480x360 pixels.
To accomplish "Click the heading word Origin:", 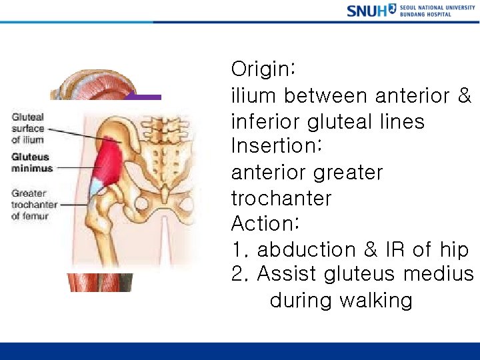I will tap(263, 70).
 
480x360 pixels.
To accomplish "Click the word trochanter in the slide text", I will tap(281, 198).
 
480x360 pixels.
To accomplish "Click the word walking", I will tap(375, 300).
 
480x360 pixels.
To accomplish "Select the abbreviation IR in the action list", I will tap(393, 250).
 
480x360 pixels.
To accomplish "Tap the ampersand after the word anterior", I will tap(465, 96).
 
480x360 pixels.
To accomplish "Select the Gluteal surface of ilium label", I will tap(28, 128).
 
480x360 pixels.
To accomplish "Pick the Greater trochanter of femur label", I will tap(34, 205).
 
